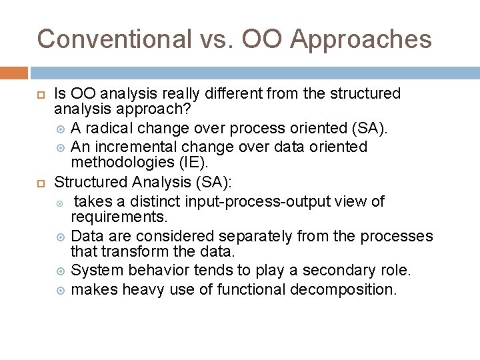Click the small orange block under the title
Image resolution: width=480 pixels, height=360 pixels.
tap(14, 73)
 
